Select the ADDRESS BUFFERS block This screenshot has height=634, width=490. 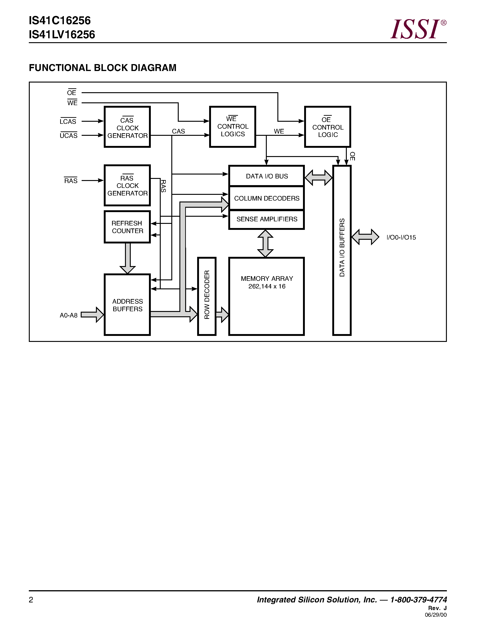click(127, 305)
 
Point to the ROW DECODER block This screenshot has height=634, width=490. click(207, 296)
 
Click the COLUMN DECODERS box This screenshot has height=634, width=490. click(267, 198)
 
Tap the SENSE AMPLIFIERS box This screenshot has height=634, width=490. click(267, 219)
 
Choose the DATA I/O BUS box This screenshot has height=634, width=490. click(267, 176)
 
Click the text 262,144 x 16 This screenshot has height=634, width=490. click(267, 287)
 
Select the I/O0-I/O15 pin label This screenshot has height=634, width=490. click(401, 237)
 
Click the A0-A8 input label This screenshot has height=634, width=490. click(68, 315)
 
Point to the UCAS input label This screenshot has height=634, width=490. click(68, 136)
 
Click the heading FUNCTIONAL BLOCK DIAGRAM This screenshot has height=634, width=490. click(102, 68)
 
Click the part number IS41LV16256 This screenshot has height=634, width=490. click(62, 35)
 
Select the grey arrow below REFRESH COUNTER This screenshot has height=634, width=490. click(128, 258)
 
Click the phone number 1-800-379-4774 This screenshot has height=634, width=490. click(418, 600)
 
